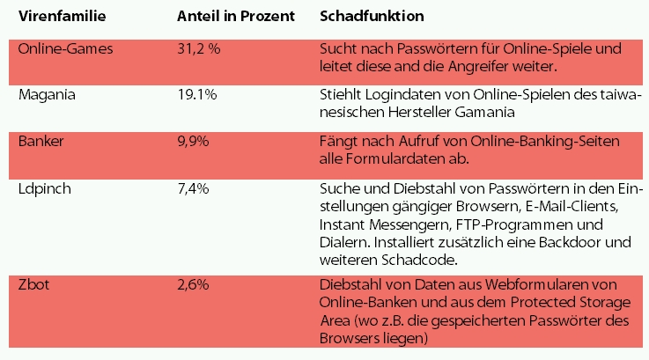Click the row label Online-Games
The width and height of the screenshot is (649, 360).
(x=64, y=49)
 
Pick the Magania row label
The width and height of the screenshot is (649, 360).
(x=47, y=94)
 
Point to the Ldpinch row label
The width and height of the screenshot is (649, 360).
(x=46, y=189)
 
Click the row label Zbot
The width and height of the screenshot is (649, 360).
(x=35, y=283)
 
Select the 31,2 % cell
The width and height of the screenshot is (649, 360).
(x=199, y=49)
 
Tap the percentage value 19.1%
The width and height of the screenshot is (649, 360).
(x=197, y=94)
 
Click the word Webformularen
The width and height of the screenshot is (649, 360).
(x=547, y=283)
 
